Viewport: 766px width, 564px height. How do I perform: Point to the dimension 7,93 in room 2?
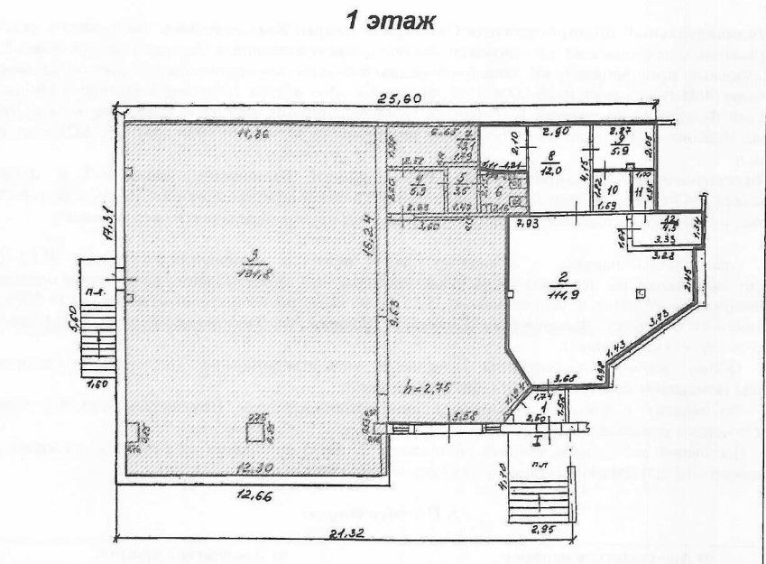pos(530,222)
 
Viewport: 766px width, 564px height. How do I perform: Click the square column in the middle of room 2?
pos(640,292)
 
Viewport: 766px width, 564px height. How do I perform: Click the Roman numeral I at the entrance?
pos(536,441)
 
